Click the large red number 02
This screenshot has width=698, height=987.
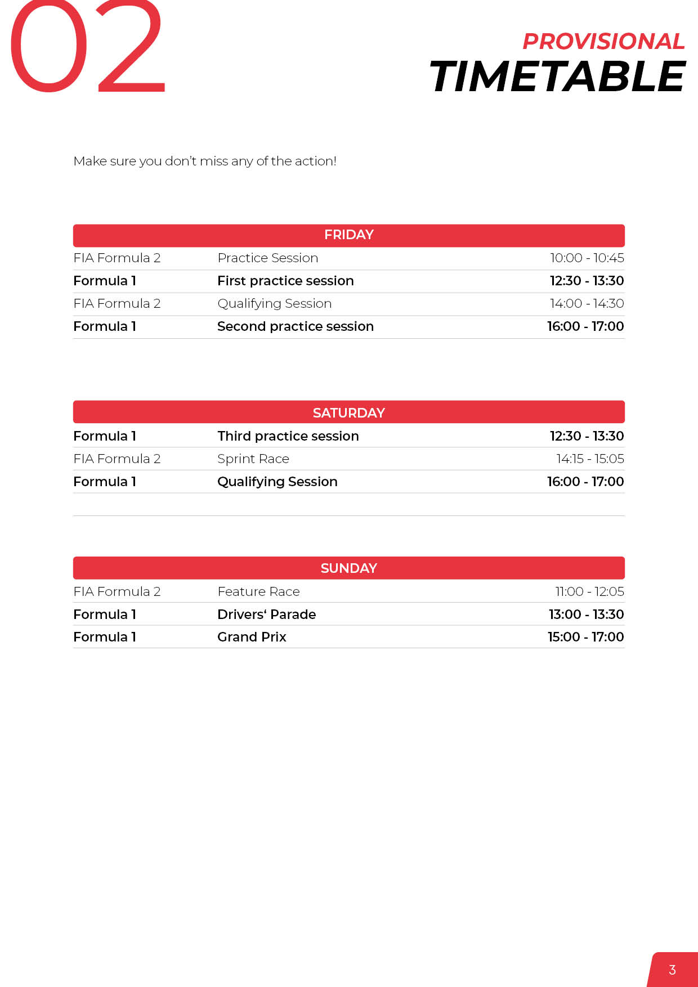(x=87, y=48)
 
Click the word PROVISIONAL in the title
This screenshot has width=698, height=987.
(x=603, y=41)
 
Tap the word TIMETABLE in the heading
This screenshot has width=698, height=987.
(x=557, y=77)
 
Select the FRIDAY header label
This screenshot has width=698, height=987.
(x=349, y=235)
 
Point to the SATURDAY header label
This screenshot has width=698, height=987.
(x=349, y=412)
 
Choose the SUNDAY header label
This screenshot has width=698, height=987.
(x=349, y=568)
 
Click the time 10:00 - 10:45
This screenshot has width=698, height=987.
(x=587, y=258)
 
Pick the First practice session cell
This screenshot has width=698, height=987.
(x=285, y=281)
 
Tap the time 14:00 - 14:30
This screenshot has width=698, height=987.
(x=587, y=303)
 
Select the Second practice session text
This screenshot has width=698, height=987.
(x=296, y=326)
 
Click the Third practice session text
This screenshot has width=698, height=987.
(x=288, y=436)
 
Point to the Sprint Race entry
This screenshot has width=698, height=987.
(x=253, y=459)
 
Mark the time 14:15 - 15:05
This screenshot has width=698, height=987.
(x=590, y=459)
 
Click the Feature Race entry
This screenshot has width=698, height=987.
(x=258, y=591)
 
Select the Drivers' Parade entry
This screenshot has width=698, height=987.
(x=267, y=614)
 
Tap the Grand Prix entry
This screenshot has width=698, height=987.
(x=252, y=637)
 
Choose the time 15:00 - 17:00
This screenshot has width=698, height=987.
(x=585, y=637)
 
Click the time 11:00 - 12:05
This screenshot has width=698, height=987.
(x=589, y=591)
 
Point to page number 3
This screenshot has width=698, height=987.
(x=672, y=970)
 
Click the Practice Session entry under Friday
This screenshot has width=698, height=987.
(x=268, y=258)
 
